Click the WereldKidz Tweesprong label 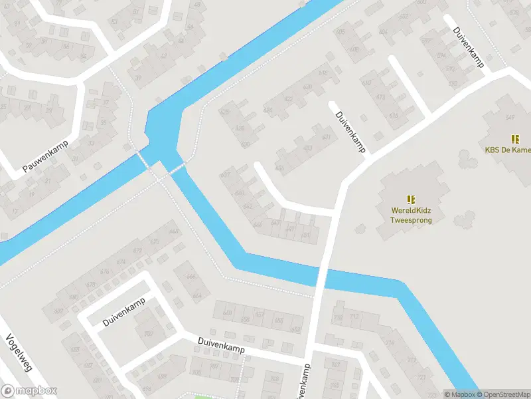pyautogui.click(x=411, y=215)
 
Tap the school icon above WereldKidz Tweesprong pyautogui.click(x=411, y=199)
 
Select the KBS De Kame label pyautogui.click(x=508, y=150)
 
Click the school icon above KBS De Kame pyautogui.click(x=514, y=139)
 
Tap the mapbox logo pyautogui.click(x=29, y=391)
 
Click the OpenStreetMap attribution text pyautogui.click(x=502, y=394)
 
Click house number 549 pyautogui.click(x=510, y=118)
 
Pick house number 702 pyautogui.click(x=148, y=333)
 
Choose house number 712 pyautogui.click(x=354, y=317)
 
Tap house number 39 pyautogui.click(x=139, y=78)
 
